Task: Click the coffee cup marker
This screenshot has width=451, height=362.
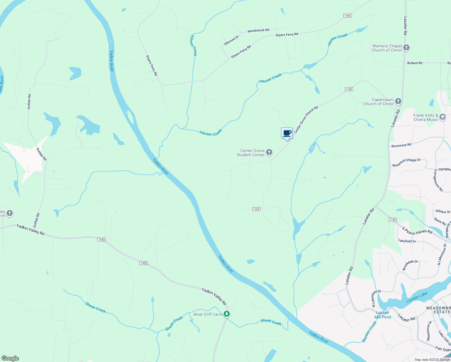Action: (287, 133)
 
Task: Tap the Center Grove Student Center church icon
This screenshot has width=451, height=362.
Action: (269, 152)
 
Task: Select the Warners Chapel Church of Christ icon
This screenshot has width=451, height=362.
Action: (406, 48)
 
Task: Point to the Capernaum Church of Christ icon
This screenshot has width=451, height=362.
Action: (398, 101)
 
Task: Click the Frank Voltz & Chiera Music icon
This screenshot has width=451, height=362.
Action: (443, 117)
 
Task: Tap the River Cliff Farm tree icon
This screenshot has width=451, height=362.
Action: (227, 314)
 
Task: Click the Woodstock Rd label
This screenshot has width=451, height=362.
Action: (258, 30)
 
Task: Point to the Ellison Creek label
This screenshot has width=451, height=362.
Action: (193, 46)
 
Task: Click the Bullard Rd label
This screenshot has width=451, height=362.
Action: (415, 63)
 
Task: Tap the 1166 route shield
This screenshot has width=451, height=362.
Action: (347, 16)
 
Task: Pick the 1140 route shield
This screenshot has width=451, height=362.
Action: (393, 220)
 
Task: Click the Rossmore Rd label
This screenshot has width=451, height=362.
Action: (401, 145)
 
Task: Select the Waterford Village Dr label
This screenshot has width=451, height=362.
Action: (406, 162)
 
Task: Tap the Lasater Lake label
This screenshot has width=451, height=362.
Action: (417, 297)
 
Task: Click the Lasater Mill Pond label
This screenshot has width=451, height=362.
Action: (383, 315)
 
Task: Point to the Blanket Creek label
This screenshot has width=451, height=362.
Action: (369, 332)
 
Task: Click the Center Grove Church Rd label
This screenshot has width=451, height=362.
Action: (306, 120)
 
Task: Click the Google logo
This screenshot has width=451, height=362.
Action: (10, 358)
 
